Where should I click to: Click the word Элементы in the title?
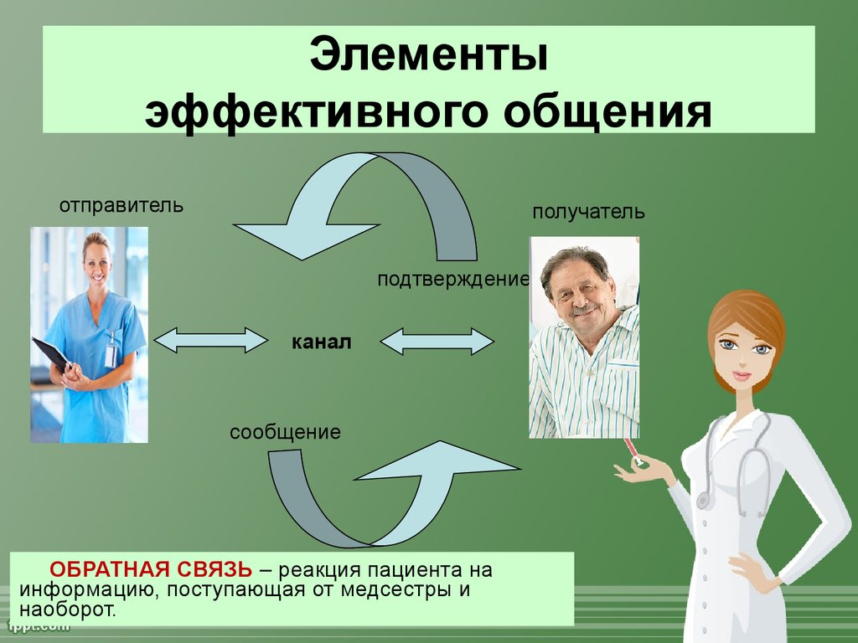pos(428,54)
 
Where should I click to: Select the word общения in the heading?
pos(607,112)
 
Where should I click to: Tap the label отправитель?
pos(121,206)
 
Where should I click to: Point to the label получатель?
pos(588,213)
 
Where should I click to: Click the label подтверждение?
pos(453,280)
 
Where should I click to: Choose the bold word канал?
pos(321,342)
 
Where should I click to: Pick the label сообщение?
pos(285,433)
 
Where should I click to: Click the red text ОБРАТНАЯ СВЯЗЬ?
pos(151,569)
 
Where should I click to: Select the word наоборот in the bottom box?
pos(68,610)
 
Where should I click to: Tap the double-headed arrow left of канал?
pos(210,341)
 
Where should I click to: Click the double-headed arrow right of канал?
pos(437,342)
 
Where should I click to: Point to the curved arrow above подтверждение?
pos(383,181)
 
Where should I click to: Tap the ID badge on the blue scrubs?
pos(111,350)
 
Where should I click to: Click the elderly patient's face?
pos(579,290)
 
